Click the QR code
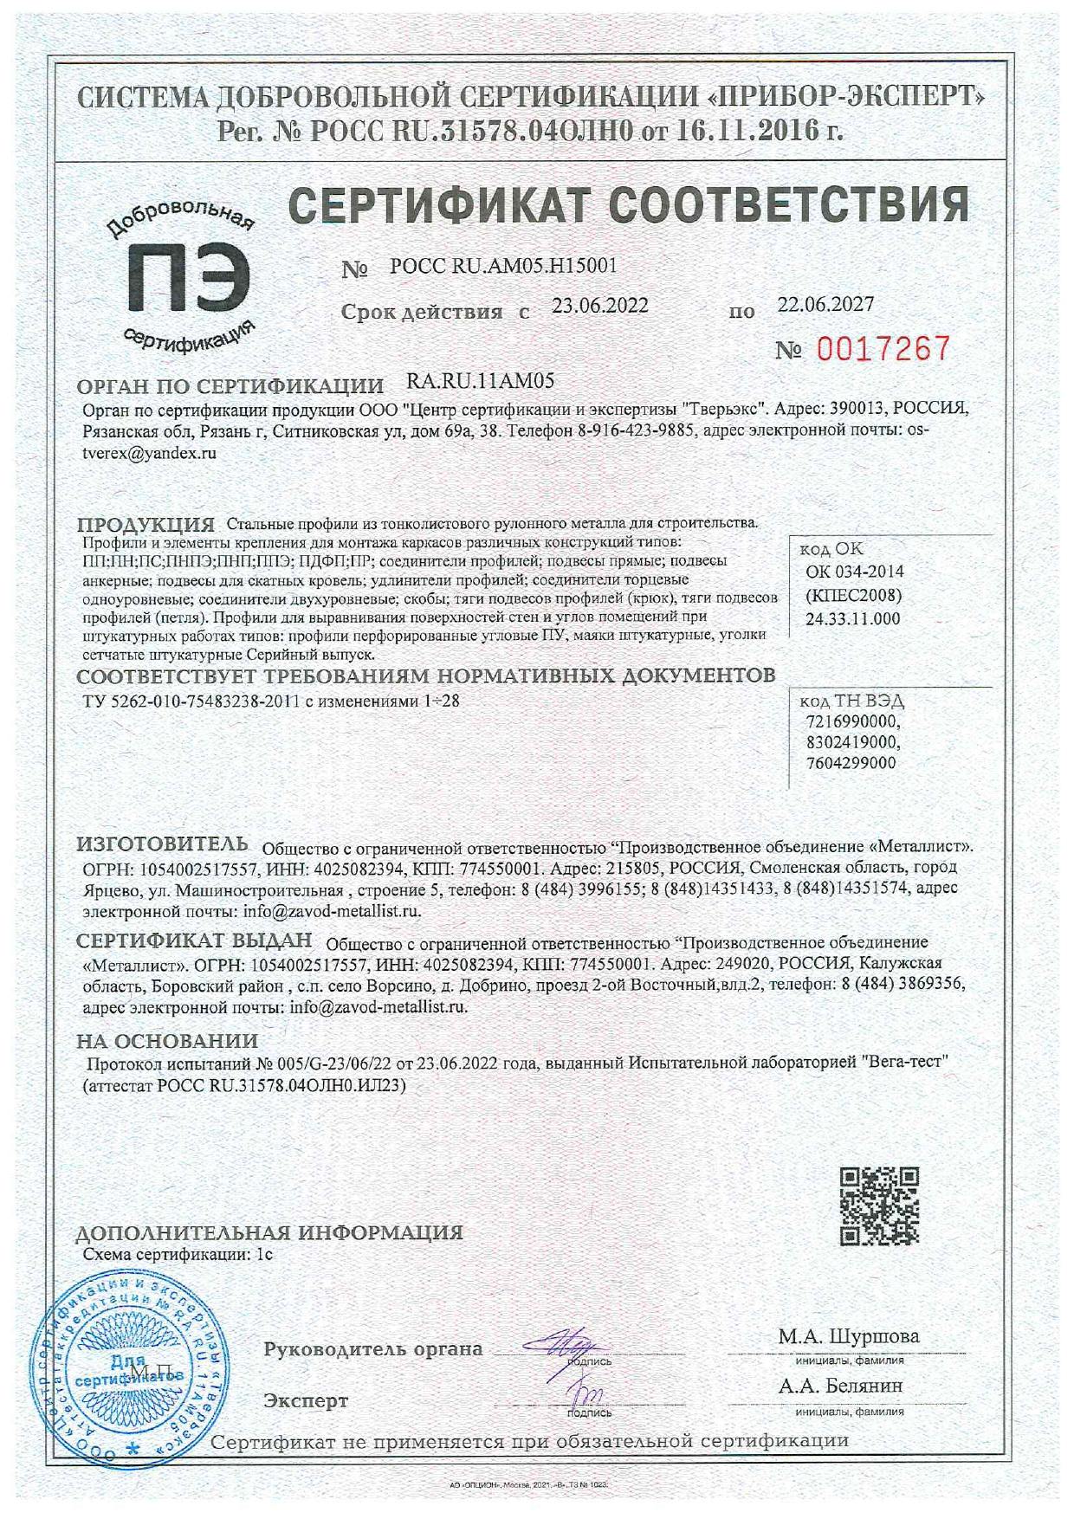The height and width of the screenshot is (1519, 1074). coord(879,1206)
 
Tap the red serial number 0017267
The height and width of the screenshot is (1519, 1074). coord(883,349)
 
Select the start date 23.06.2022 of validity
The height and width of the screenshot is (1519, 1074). coord(600,306)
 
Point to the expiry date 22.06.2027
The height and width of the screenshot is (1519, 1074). coord(825,304)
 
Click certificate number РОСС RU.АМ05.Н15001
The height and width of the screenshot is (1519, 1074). coord(504,266)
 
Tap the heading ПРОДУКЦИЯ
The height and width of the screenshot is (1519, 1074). coord(146,524)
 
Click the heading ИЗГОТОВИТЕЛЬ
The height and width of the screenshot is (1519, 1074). coord(163,844)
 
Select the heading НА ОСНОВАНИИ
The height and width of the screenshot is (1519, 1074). coord(167,1040)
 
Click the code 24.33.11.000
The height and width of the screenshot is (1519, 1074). coord(852,618)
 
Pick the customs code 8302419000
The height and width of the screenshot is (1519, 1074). coord(852,743)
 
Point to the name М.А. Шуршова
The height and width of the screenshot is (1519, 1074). coord(848,1336)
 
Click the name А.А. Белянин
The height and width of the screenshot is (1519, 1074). coord(840,1386)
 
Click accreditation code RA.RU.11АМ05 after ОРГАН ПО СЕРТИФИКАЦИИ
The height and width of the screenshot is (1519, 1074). coord(480,380)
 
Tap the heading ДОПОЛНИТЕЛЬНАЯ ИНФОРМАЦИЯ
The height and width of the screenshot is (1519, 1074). coord(269,1231)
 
